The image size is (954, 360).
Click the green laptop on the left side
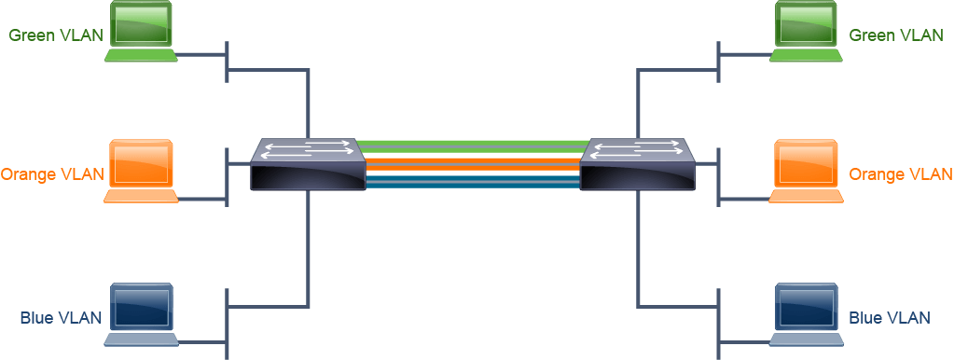pyautogui.click(x=141, y=32)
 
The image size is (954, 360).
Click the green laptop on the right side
pyautogui.click(x=806, y=32)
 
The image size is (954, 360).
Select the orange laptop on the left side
pyautogui.click(x=141, y=171)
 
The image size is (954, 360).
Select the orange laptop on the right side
pyautogui.click(x=806, y=171)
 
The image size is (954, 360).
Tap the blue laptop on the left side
pyautogui.click(x=141, y=314)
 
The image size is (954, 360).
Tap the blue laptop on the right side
pyautogui.click(x=806, y=314)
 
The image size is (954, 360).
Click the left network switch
pyautogui.click(x=308, y=164)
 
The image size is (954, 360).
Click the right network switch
pyautogui.click(x=637, y=164)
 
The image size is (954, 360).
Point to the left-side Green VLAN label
pyautogui.click(x=55, y=35)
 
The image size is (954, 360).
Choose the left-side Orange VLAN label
pyautogui.click(x=52, y=174)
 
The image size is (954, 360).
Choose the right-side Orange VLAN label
pyautogui.click(x=900, y=174)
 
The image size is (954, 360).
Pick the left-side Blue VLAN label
pyautogui.click(x=61, y=318)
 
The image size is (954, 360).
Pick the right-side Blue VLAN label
pyautogui.click(x=889, y=318)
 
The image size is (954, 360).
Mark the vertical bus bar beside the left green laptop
pyautogui.click(x=227, y=62)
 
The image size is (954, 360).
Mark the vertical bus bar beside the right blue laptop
pyautogui.click(x=719, y=324)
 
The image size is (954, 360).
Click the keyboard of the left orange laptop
pyautogui.click(x=141, y=196)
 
